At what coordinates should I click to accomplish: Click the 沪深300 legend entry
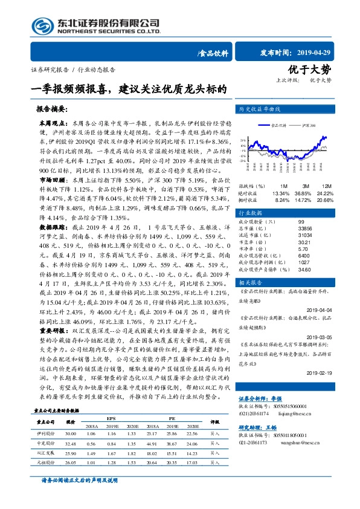[308, 125]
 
